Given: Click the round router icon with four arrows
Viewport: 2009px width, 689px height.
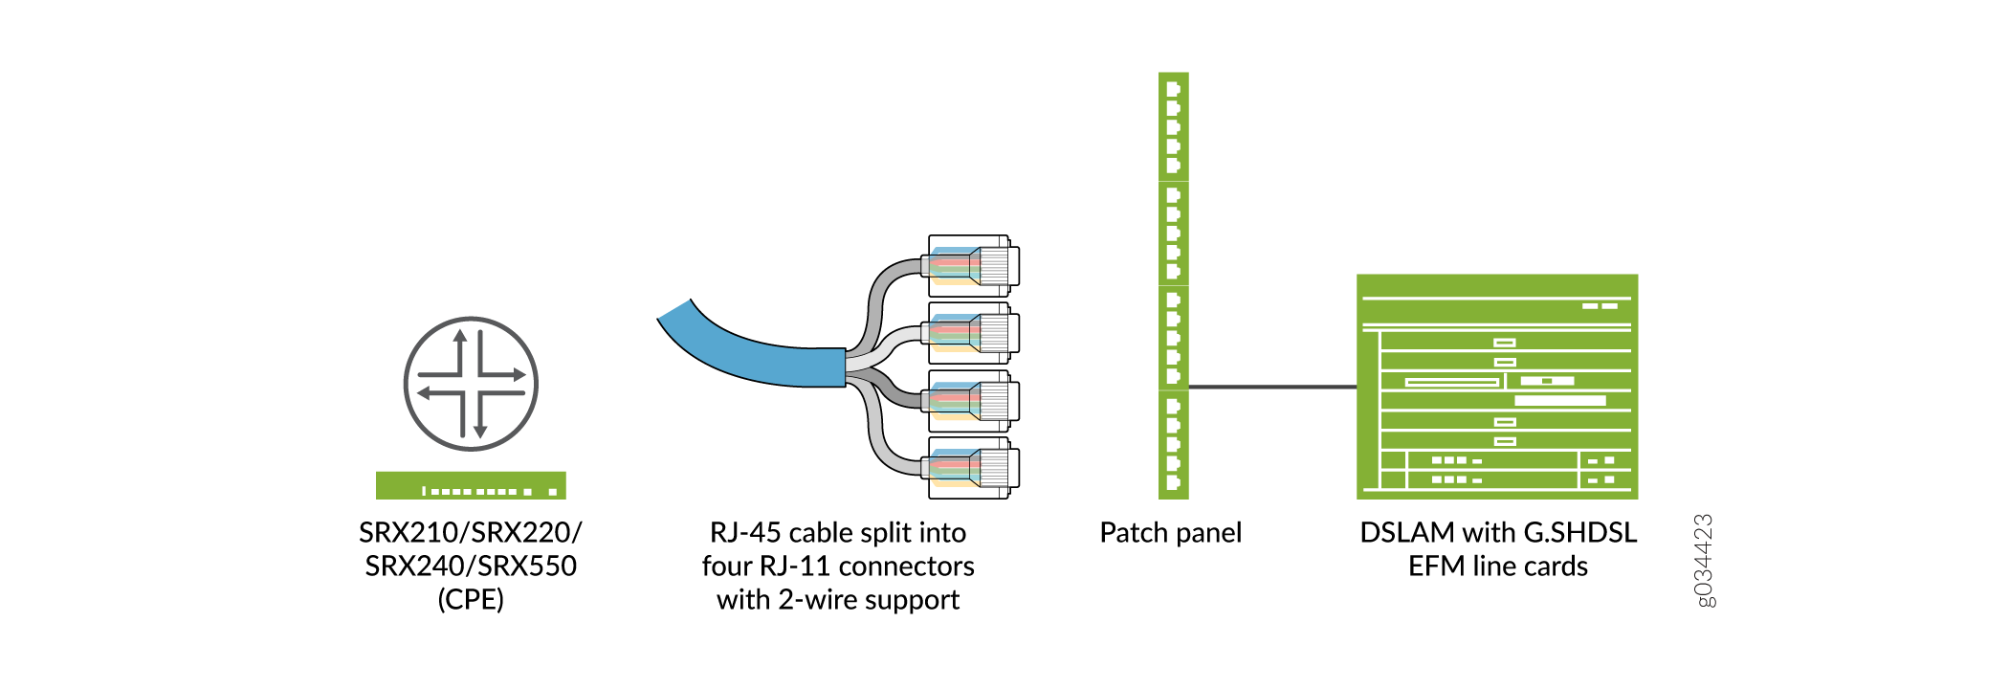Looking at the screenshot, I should point(471,384).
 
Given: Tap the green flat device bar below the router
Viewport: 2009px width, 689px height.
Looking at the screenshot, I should point(471,485).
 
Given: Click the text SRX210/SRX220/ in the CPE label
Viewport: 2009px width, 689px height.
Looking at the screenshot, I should point(470,532).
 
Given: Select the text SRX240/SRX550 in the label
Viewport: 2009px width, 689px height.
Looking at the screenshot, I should point(470,566).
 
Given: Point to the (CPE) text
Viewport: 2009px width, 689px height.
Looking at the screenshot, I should point(470,600).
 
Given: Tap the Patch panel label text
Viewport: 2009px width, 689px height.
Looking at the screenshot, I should point(1170,532).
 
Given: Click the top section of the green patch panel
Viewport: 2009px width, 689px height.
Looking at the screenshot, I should point(1173,126).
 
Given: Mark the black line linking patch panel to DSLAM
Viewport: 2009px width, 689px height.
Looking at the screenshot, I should point(1272,387).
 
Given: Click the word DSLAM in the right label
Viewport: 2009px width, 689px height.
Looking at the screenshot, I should point(1408,532).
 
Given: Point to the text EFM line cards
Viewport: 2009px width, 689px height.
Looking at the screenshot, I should point(1497,566).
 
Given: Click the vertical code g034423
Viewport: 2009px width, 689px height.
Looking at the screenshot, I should point(1703,561).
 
